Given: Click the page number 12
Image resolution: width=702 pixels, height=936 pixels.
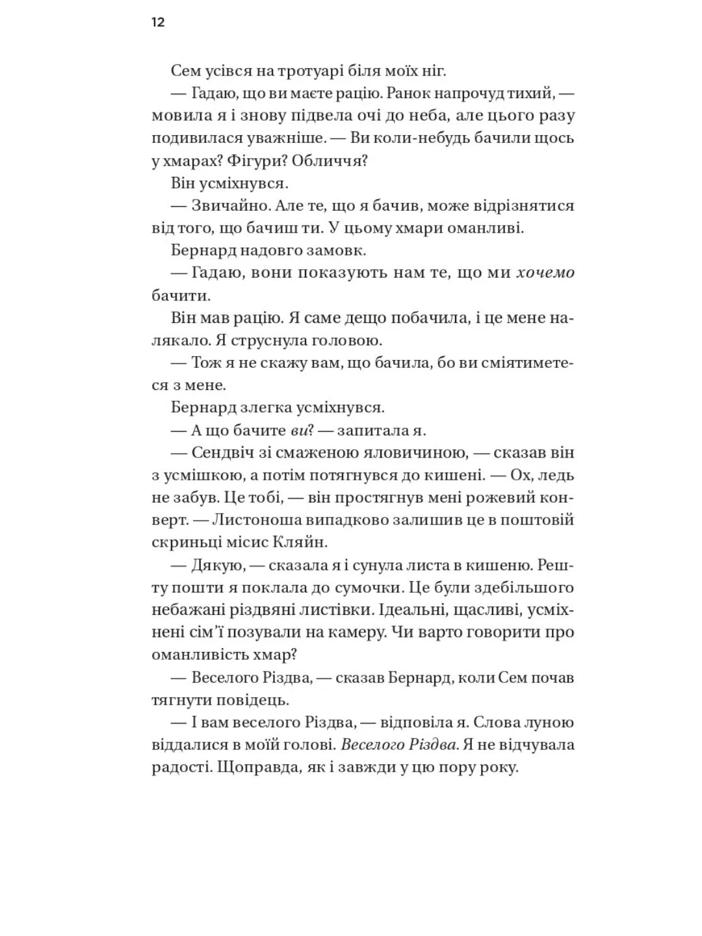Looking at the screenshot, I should coord(158,23).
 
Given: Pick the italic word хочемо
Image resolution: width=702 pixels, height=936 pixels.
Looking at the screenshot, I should coord(545,273).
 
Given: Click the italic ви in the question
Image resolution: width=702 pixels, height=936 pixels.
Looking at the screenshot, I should coord(299,430).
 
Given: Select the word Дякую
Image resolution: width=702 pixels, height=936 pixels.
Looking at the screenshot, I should coord(218,565).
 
